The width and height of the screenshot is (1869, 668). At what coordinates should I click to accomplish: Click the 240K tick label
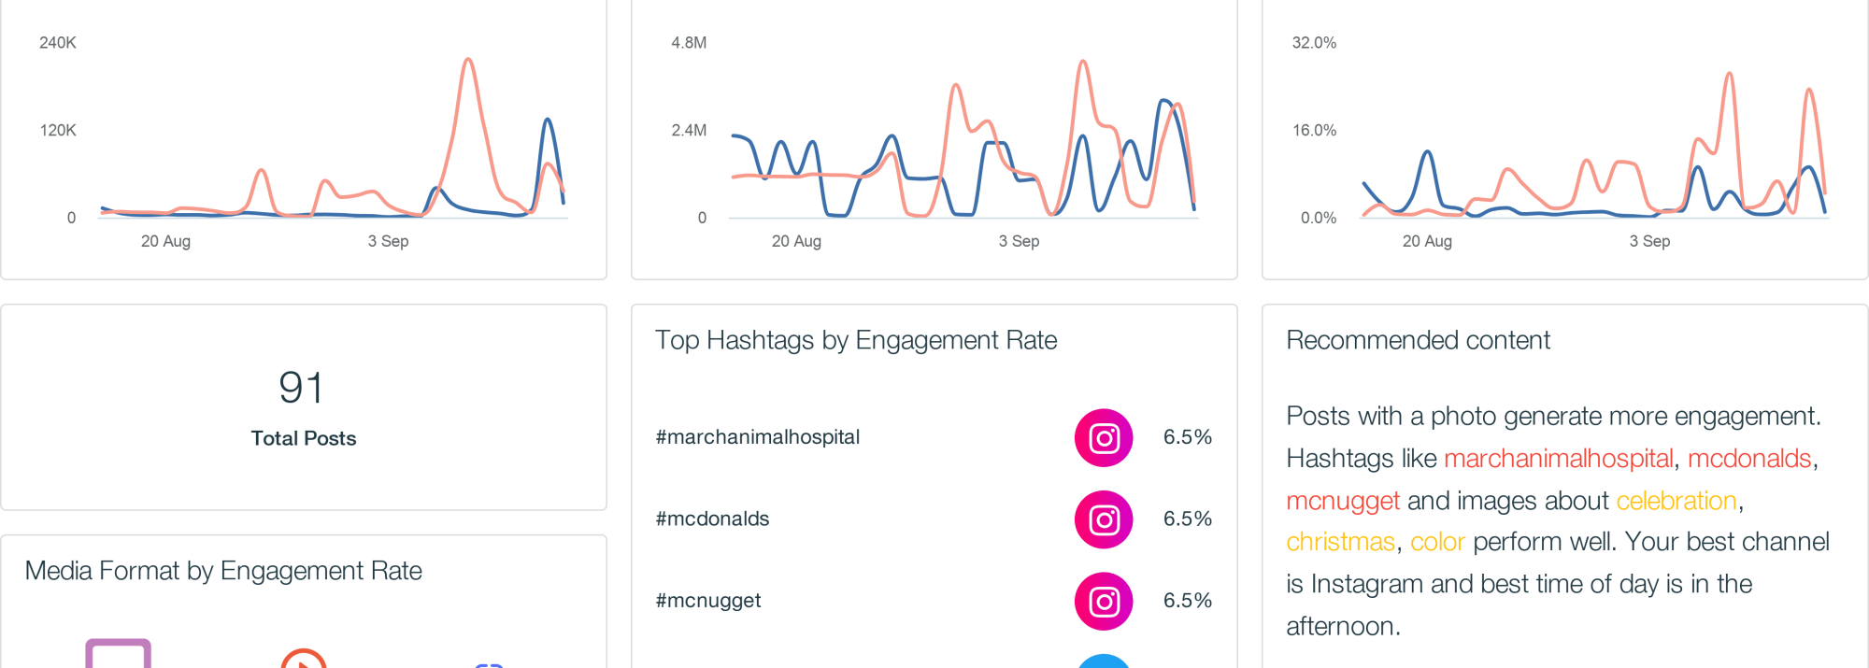pos(57,43)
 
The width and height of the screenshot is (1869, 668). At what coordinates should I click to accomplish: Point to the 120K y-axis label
pos(57,131)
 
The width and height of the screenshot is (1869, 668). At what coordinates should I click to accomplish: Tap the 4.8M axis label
pos(689,43)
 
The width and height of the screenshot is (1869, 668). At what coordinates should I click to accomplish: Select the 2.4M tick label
pos(689,131)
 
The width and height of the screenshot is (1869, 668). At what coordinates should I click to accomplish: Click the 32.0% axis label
pos(1314,43)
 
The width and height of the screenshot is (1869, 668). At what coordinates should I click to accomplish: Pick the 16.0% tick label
pos(1314,131)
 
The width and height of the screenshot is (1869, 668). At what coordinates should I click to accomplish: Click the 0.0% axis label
pos(1319,219)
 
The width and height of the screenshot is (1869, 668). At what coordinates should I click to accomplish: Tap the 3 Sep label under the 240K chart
pos(388,241)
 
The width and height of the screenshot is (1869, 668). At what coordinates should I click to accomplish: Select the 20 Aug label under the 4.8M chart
pos(796,241)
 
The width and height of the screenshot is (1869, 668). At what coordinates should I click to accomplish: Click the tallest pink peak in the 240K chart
pos(468,61)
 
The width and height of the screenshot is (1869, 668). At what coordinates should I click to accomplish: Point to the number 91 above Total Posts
pos(301,388)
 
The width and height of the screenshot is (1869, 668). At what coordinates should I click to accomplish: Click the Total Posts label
pos(304,438)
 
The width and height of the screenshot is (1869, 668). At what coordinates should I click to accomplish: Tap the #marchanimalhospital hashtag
pos(757,437)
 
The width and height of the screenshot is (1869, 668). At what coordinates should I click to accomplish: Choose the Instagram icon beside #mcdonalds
pos(1104,519)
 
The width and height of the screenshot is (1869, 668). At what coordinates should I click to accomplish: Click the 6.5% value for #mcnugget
pos(1187,601)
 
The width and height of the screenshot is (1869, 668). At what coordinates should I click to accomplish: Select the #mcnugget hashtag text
pos(708,601)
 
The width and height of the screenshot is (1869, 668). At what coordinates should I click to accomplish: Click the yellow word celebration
pos(1676,501)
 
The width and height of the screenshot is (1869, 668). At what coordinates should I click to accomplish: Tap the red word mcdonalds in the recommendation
pos(1749,459)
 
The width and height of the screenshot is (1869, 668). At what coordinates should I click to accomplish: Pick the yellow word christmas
pos(1340,542)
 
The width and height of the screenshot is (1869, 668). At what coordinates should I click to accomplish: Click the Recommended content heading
pos(1418,340)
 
